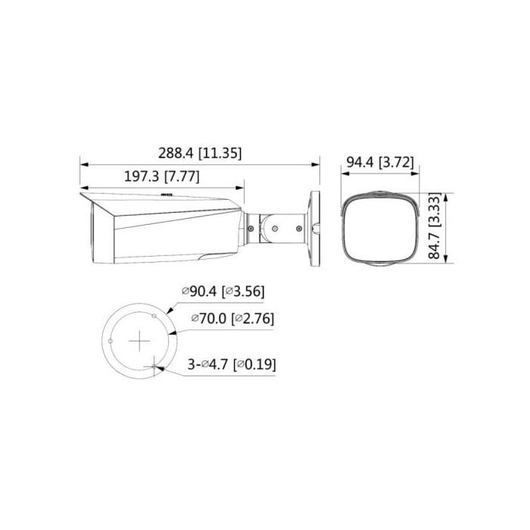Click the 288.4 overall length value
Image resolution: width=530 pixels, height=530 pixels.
click(x=176, y=152)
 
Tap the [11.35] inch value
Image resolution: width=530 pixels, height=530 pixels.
click(x=220, y=152)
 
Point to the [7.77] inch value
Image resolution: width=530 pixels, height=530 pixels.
click(x=181, y=176)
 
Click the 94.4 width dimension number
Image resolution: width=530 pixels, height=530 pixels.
click(x=360, y=161)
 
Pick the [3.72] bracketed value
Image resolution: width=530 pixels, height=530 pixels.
click(x=398, y=161)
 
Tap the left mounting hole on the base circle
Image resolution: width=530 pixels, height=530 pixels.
click(x=111, y=341)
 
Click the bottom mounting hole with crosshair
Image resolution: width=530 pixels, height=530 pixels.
click(x=155, y=367)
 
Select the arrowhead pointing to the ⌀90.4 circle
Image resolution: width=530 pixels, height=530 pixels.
click(x=168, y=309)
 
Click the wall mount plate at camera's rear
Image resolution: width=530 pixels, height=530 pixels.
click(x=314, y=226)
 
